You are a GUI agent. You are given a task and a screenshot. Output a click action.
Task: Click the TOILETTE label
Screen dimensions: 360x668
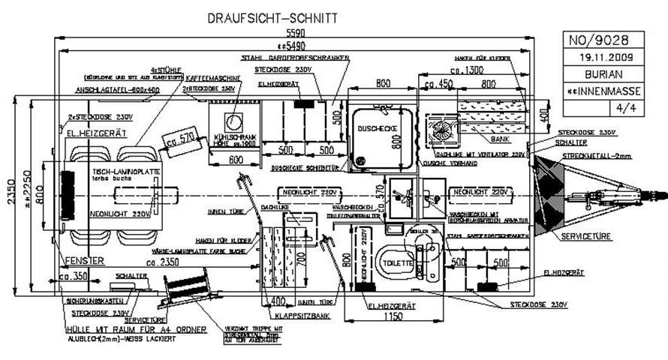(x=396, y=264)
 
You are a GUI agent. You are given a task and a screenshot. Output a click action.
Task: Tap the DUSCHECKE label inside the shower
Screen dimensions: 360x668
(x=378, y=129)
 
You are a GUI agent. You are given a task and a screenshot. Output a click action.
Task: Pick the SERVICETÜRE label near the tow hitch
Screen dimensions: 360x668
(x=585, y=236)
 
